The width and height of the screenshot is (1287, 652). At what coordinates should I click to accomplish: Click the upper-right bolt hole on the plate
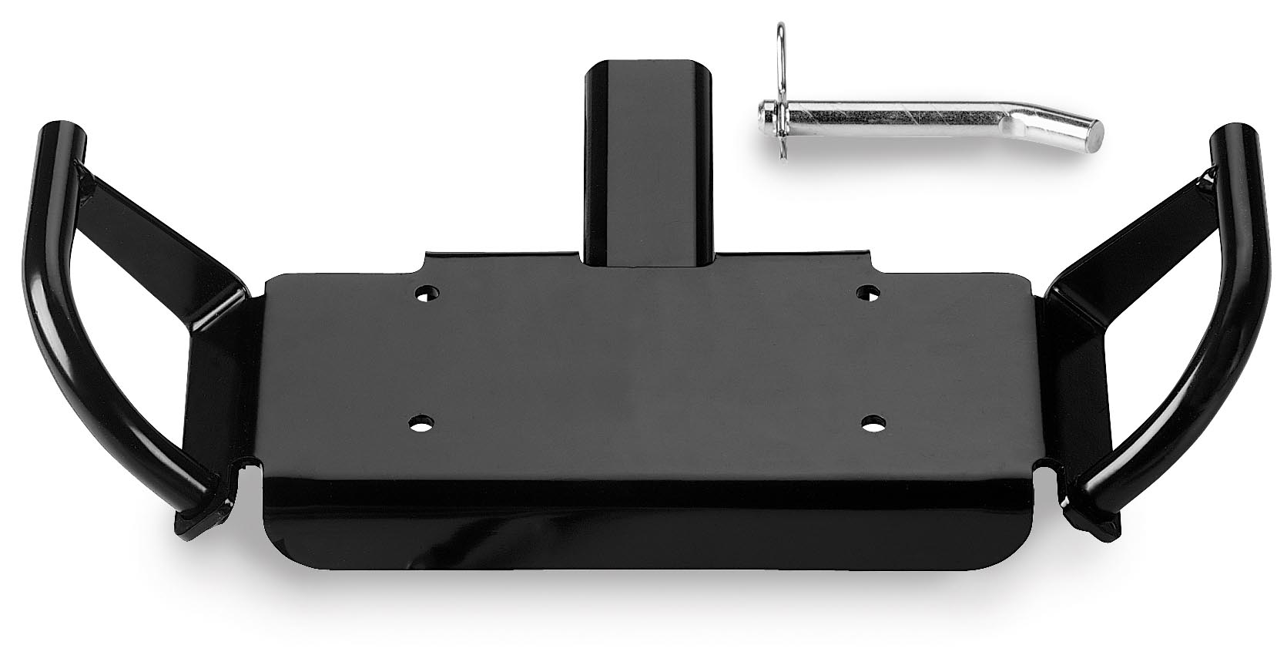(x=869, y=292)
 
